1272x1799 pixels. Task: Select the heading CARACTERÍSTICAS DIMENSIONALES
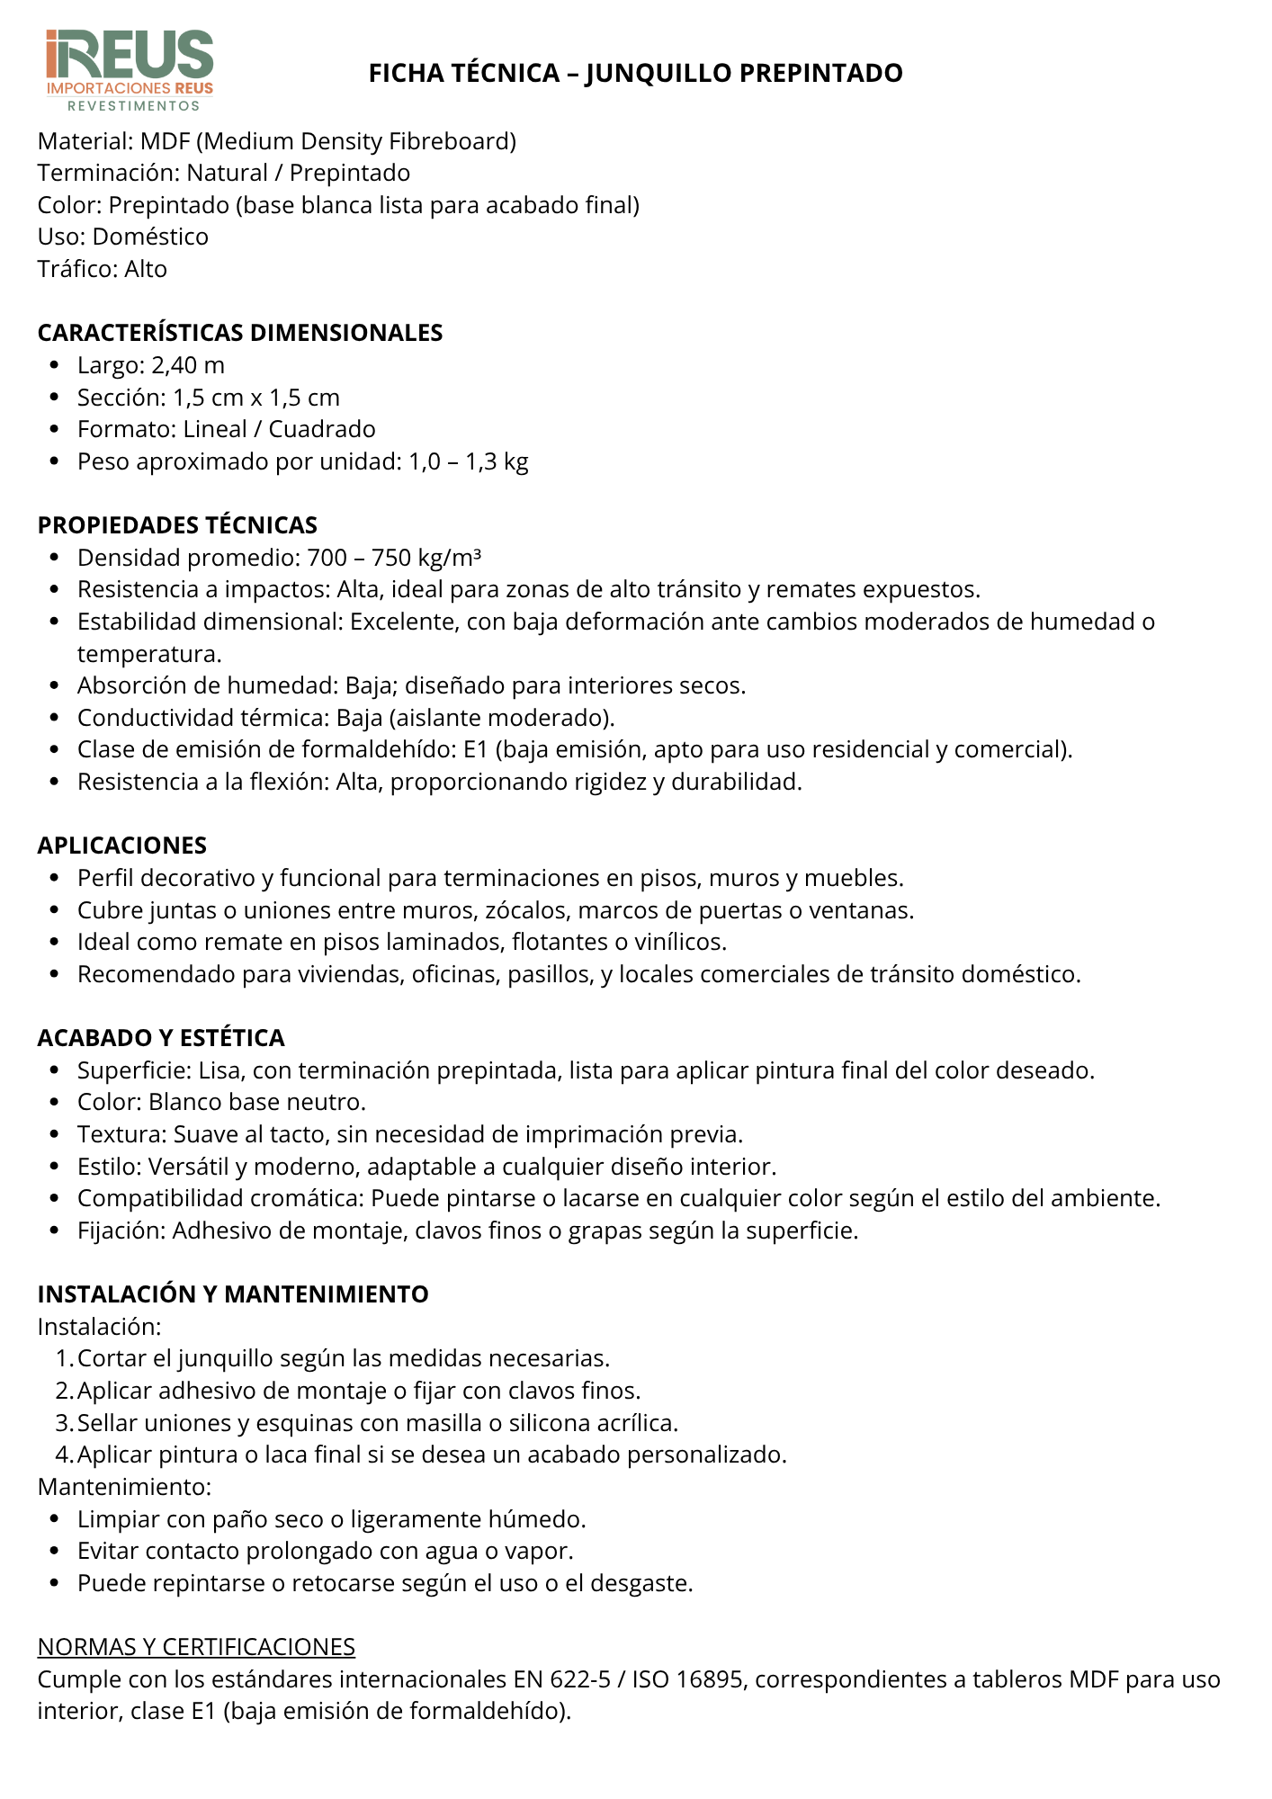tap(240, 333)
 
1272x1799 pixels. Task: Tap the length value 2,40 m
tap(188, 365)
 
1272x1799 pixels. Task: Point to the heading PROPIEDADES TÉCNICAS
tap(177, 525)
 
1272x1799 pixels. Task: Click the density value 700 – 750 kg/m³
tap(394, 558)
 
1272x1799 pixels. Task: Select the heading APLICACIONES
tap(122, 846)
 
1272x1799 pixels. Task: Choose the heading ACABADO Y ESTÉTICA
tap(161, 1038)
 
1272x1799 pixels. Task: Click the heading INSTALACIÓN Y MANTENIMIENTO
tap(233, 1294)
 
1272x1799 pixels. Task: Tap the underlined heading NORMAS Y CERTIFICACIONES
tap(196, 1647)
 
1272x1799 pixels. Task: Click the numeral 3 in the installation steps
tap(63, 1423)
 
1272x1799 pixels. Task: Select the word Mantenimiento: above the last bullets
tap(124, 1487)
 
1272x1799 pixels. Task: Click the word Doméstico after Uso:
tap(150, 237)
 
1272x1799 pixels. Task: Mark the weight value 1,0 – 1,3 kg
tap(469, 461)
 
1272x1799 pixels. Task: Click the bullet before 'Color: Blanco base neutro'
tap(56, 1103)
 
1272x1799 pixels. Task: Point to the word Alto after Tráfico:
tap(146, 269)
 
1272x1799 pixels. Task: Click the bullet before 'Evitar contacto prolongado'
tap(56, 1552)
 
